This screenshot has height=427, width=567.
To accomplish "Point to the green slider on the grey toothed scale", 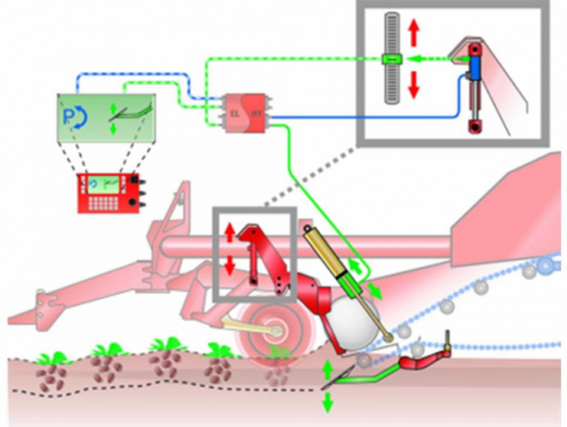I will pos(391,59).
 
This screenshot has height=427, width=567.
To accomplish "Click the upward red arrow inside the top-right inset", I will pos(413,32).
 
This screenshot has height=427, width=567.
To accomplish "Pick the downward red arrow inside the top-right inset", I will pos(413,85).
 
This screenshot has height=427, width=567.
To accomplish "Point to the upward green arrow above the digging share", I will pos(327,367).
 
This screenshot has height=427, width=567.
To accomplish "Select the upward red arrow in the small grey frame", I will pos(230,232).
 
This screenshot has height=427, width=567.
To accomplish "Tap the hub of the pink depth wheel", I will pos(273,331).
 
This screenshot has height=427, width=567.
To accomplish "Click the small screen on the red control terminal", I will pos(105,183).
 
